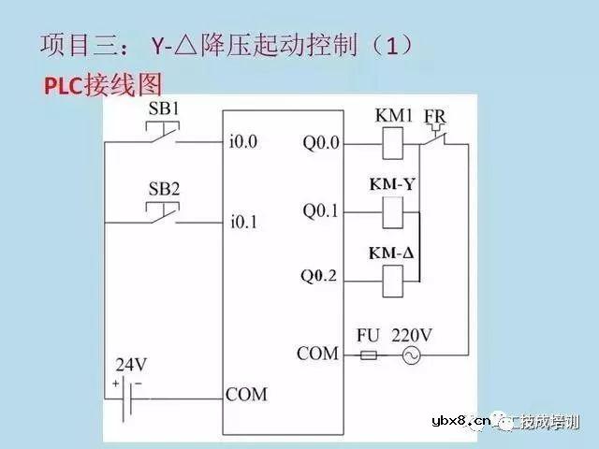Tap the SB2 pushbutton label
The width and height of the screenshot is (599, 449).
point(165,188)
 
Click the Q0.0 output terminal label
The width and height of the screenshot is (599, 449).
point(321,143)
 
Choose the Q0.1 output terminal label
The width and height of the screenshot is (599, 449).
point(320,210)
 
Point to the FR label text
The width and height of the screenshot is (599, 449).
point(435,117)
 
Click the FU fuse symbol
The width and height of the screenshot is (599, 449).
point(369,355)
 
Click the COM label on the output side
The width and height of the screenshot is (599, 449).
point(317,354)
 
